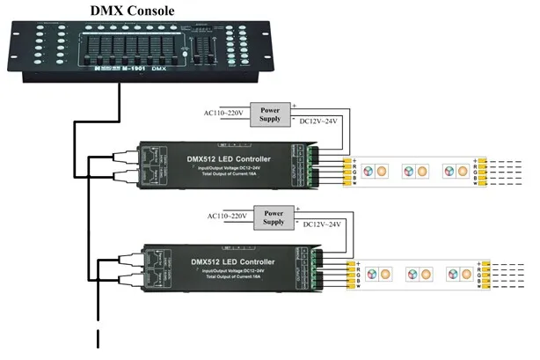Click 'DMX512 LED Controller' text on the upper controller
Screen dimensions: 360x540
click(229, 159)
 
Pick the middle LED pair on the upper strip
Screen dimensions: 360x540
click(412, 171)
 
